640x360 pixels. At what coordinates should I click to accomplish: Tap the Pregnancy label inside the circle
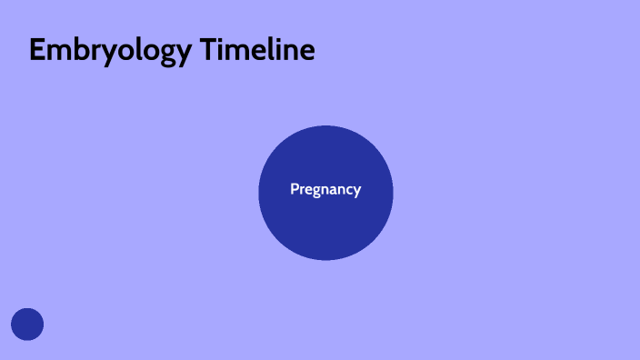325,190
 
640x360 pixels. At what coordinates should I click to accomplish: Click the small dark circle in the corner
27,325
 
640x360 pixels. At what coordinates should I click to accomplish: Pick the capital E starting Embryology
37,51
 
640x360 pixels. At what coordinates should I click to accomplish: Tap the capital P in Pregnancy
295,190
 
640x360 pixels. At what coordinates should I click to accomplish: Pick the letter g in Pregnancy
315,193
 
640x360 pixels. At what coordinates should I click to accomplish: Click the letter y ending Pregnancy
357,193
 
